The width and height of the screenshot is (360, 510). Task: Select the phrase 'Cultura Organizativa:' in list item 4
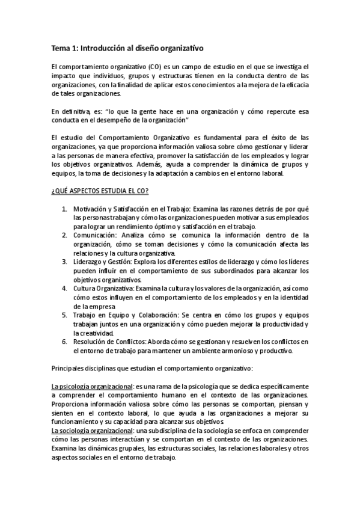(x=103, y=288)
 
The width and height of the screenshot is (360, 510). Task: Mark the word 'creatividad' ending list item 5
(x=93, y=333)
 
